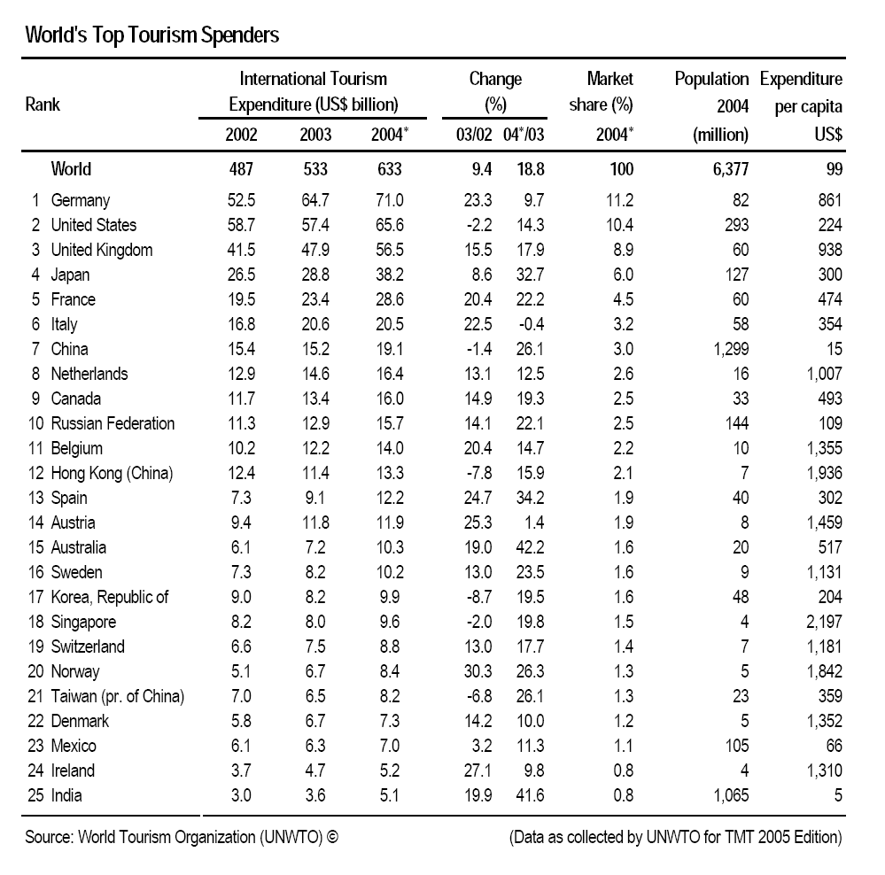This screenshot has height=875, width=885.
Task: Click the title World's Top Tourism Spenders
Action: [x=151, y=35]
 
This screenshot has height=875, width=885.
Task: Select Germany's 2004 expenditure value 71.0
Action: [x=390, y=200]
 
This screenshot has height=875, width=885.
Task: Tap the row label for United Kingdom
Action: [x=102, y=250]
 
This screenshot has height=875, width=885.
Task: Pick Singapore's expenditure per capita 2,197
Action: [x=824, y=622]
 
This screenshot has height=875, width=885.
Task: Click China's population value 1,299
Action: [x=731, y=349]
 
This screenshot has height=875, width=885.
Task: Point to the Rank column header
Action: [x=43, y=105]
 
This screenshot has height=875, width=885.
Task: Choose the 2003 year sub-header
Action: [x=315, y=135]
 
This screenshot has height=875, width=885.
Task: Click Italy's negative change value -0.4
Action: [x=530, y=324]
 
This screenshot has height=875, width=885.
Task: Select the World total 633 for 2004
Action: [x=390, y=169]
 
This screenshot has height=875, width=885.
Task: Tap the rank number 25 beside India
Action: [x=35, y=795]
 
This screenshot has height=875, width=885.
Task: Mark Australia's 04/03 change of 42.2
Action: [x=530, y=548]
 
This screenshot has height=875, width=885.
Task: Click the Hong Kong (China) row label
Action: [x=112, y=473]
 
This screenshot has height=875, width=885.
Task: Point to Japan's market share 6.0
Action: [x=623, y=275]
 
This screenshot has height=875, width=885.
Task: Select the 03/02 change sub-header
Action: [x=474, y=135]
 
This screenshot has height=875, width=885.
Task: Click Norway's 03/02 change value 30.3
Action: [x=477, y=671]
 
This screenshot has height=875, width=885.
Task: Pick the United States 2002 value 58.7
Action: [x=241, y=225]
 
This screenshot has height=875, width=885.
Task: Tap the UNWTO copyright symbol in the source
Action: [x=332, y=837]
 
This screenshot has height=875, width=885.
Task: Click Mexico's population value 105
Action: [x=736, y=746]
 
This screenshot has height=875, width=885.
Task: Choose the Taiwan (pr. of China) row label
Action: [x=118, y=697]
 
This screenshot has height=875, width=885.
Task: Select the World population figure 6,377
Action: [x=730, y=169]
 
